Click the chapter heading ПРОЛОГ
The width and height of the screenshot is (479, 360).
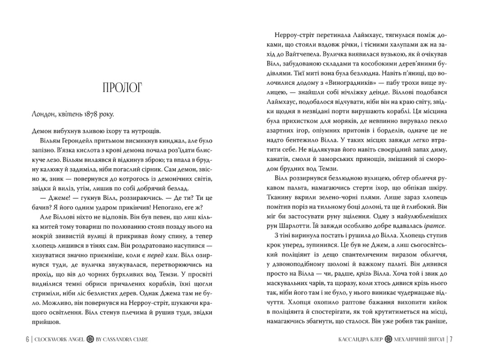(x=123, y=89)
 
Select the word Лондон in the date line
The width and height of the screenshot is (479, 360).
(x=43, y=115)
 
